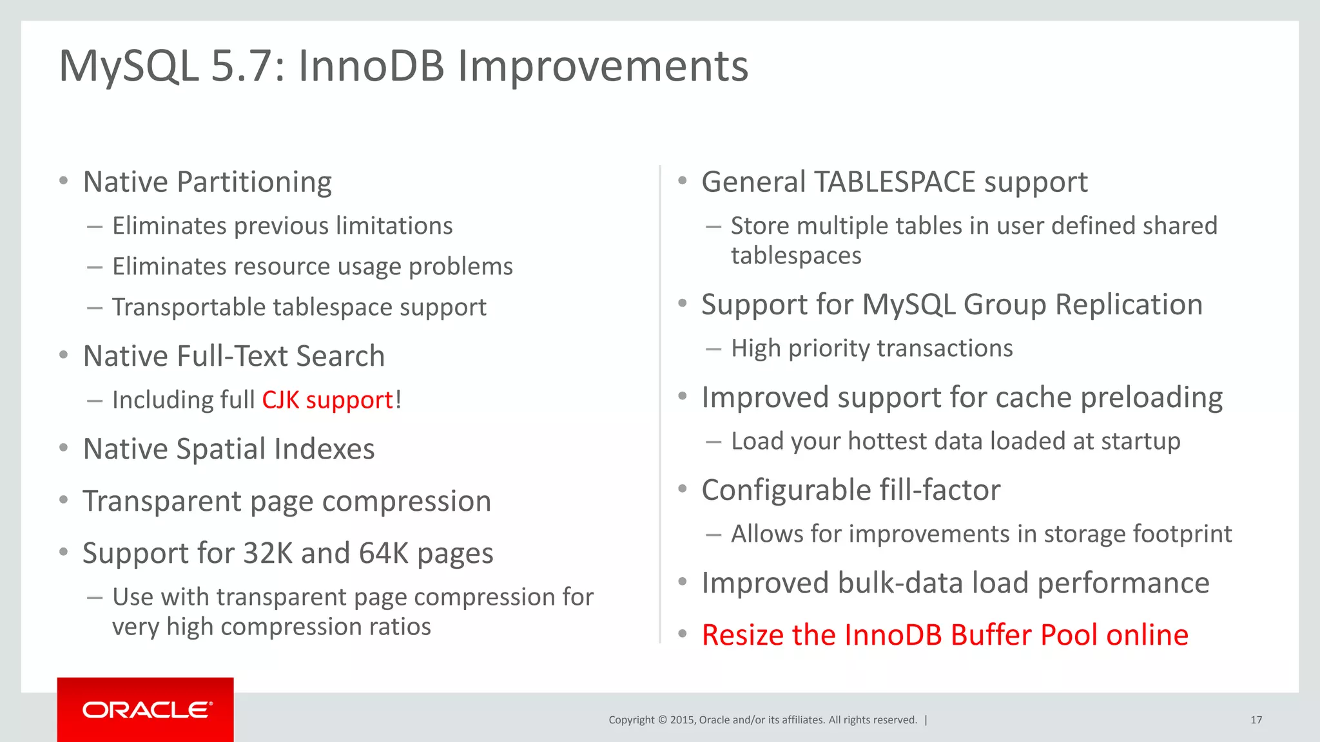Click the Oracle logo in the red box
point(146,710)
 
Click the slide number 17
point(1256,720)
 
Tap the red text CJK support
point(327,400)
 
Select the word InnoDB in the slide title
point(371,66)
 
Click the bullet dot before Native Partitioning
point(63,181)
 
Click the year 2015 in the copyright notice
point(682,720)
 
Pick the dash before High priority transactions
point(713,349)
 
